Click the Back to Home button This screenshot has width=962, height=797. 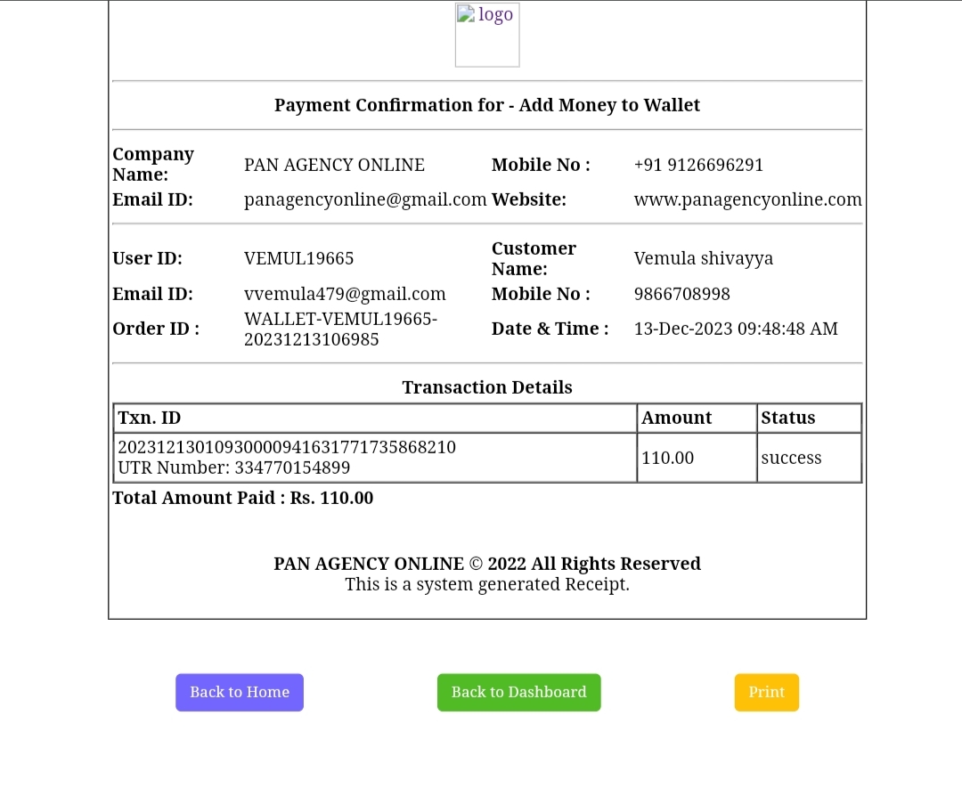240,692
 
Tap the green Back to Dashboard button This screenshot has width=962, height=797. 518,692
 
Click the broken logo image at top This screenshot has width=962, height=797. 486,35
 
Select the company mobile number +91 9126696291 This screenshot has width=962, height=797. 698,165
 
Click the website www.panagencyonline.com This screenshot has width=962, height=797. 747,199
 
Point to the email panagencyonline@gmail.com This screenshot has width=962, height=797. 365,199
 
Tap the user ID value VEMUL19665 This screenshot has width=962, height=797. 298,258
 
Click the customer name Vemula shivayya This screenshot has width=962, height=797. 703,258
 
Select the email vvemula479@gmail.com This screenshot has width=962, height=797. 345,294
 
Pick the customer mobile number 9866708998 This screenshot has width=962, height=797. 681,294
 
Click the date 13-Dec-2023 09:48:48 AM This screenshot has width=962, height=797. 736,329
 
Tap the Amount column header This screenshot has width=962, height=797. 677,418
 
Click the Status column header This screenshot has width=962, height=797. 788,418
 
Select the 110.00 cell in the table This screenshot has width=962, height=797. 668,458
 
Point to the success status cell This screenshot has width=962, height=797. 791,458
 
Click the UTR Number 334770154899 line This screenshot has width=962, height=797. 234,468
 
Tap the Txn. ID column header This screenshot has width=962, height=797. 150,418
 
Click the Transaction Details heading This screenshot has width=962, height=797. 487,387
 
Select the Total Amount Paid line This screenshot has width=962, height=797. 243,498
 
